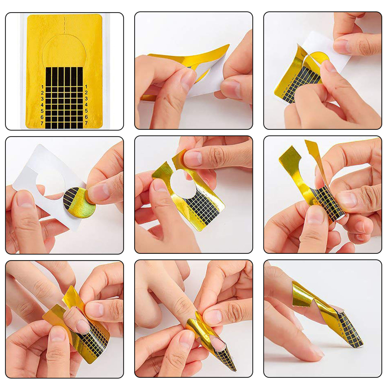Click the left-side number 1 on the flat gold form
(42, 87)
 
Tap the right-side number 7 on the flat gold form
(87, 123)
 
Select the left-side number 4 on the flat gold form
(42, 105)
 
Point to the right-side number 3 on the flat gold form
(87, 99)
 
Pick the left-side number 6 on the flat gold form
(42, 117)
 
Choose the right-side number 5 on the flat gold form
(87, 111)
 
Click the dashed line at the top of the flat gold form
(65, 25)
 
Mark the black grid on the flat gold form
(64, 98)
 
